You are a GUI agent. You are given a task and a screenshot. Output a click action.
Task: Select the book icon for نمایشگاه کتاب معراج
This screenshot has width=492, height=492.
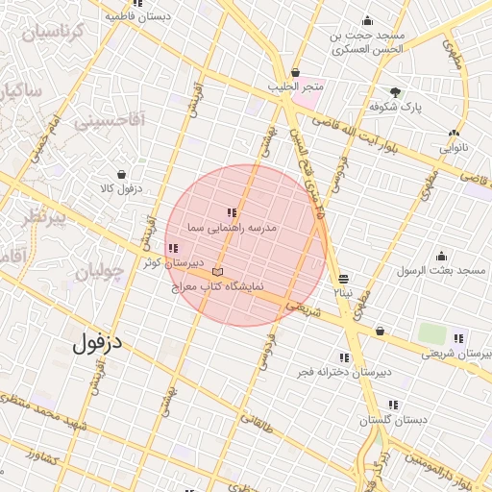click(x=216, y=272)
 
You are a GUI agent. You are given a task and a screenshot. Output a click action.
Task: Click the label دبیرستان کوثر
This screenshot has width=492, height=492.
click(x=172, y=262)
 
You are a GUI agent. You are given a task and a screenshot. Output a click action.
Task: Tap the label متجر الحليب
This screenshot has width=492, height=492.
click(x=300, y=87)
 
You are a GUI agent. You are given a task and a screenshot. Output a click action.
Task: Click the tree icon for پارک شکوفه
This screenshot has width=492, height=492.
click(x=397, y=94)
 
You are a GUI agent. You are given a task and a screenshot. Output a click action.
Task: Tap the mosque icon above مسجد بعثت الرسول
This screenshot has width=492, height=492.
click(x=442, y=256)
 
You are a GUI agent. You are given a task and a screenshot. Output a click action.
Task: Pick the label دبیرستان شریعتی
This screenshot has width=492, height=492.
click(x=455, y=354)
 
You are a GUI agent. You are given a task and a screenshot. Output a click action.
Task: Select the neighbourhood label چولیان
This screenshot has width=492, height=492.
click(x=98, y=272)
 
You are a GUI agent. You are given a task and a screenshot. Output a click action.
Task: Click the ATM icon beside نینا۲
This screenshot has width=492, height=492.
click(x=344, y=278)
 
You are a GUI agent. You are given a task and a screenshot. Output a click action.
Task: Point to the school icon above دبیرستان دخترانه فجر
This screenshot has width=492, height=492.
click(x=344, y=357)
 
